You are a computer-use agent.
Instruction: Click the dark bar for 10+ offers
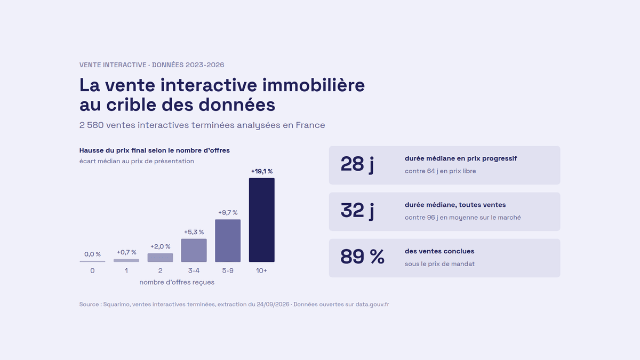tap(261, 220)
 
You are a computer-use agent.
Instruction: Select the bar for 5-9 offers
tap(228, 241)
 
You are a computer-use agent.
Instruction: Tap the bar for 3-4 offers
tap(194, 250)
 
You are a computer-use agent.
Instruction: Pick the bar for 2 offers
tap(161, 258)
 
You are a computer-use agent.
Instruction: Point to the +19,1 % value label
tap(262, 171)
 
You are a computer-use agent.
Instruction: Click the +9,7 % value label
tap(228, 213)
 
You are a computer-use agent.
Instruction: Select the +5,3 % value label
tap(194, 232)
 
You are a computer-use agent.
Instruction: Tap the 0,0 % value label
tap(92, 254)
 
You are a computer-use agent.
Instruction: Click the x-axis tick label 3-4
tap(194, 270)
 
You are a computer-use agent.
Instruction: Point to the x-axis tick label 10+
tap(261, 270)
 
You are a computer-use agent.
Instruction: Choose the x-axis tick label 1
tap(126, 270)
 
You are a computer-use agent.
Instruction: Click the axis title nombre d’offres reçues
tap(177, 282)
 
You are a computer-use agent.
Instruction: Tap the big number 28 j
tap(357, 164)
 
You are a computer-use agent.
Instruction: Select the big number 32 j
tap(357, 210)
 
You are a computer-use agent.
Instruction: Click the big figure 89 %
tap(362, 257)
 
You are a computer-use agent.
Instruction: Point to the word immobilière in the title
tap(314, 85)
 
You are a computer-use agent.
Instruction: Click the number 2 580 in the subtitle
tap(91, 125)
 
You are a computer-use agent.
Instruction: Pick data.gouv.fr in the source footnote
tap(372, 305)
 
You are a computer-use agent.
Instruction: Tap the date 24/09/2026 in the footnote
tap(273, 305)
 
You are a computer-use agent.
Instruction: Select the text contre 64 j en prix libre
tap(441, 171)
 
